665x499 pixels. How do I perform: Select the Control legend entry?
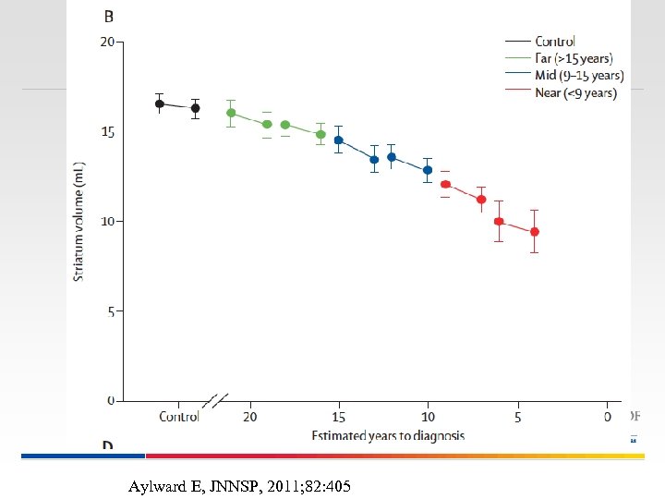554,41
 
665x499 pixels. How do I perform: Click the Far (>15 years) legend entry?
573,58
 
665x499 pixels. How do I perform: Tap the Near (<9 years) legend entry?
575,92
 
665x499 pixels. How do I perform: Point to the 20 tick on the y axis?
107,43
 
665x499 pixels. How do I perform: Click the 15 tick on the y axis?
107,132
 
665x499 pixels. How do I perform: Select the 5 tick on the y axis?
110,312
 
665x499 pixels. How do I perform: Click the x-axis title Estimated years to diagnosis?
387,435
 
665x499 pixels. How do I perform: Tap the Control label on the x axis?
179,417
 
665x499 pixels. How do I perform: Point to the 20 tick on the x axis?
249,417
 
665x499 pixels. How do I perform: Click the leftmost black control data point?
159,103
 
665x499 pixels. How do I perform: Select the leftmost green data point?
231,113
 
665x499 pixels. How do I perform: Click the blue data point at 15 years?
338,140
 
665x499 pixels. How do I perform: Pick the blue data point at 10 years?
428,170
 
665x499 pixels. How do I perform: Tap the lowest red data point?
534,231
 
